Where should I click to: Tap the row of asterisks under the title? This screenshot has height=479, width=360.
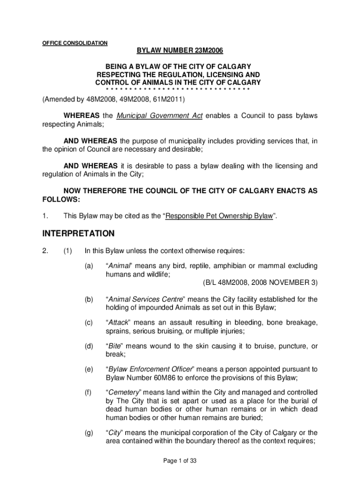178,89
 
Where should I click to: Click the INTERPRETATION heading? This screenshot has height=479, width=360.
78,233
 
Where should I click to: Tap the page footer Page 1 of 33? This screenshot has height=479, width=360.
180,461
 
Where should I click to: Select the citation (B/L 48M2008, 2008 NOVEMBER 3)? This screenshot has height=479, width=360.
260,283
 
